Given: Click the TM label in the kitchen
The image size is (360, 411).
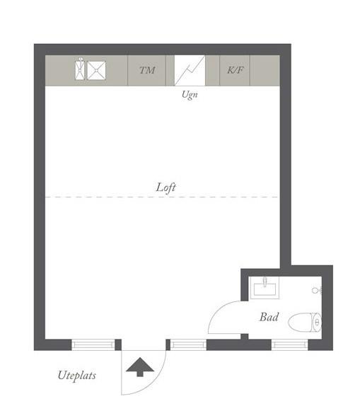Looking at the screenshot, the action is [x=147, y=70].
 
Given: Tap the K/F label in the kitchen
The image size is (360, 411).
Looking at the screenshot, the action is [x=235, y=70].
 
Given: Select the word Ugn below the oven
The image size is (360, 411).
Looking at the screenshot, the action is [x=190, y=94].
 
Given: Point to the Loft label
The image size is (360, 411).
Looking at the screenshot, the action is [x=166, y=187].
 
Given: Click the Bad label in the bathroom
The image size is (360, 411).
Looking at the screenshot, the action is [x=269, y=317].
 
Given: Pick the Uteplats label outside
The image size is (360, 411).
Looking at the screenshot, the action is [x=77, y=376].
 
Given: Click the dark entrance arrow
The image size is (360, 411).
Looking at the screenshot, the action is [x=140, y=367].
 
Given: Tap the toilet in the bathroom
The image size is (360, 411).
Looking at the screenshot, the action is [x=305, y=322].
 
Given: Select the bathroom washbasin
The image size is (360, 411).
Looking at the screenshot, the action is [x=265, y=289].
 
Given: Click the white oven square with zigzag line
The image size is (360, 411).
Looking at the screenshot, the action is [x=190, y=71].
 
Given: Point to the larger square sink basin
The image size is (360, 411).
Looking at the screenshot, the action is [x=96, y=70].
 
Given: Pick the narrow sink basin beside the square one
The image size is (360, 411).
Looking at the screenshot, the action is [x=81, y=69].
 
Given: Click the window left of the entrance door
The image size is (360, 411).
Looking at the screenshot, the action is [x=93, y=345].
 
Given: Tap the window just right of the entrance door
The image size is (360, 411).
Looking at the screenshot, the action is [x=188, y=345].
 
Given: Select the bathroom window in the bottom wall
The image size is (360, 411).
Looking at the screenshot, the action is [x=289, y=345].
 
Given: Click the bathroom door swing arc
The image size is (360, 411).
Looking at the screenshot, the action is [x=216, y=311].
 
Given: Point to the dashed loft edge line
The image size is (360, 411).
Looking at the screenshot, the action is [x=163, y=197].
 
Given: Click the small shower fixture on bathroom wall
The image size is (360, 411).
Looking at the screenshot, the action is [x=317, y=290].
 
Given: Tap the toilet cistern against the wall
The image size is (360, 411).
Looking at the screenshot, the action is [x=317, y=322].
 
